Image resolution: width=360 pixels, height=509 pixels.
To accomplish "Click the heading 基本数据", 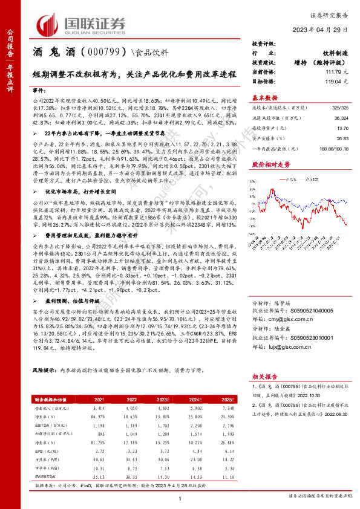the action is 264,97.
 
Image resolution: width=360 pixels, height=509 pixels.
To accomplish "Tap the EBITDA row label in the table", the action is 44,425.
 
